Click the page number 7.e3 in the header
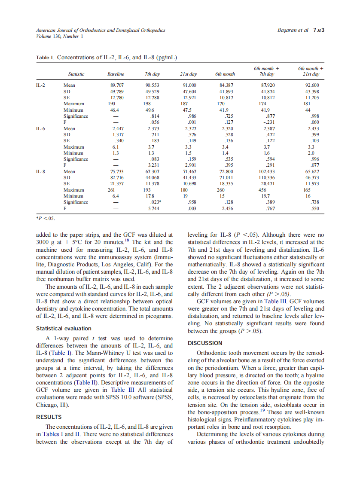click(x=318, y=31)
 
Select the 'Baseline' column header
click(x=116, y=74)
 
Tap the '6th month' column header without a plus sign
click(x=224, y=74)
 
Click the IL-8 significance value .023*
click(x=155, y=202)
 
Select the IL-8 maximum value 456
click(x=262, y=189)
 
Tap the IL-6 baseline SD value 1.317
click(x=118, y=134)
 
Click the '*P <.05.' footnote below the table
click(x=45, y=217)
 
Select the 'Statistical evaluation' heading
click(x=63, y=329)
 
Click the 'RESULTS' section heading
click(x=49, y=417)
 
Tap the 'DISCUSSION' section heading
click(x=205, y=343)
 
